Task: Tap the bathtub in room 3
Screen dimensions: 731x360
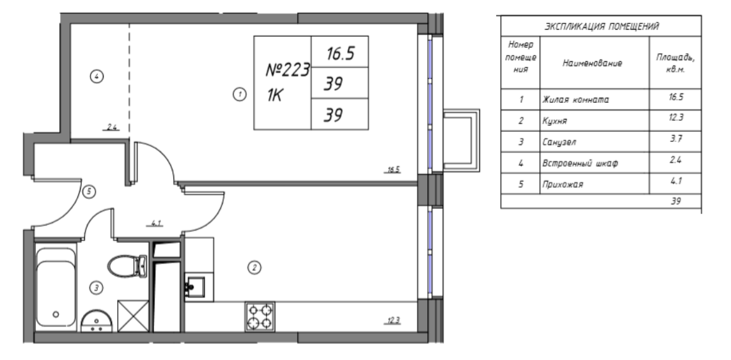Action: [x=56, y=288]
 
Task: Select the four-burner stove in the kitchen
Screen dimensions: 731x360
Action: [x=260, y=317]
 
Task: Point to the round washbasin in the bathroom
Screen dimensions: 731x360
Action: [x=97, y=322]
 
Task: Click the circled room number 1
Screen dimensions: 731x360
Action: [x=239, y=95]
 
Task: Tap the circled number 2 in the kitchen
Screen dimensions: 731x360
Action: [x=255, y=267]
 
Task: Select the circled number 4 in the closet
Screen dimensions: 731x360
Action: [x=97, y=76]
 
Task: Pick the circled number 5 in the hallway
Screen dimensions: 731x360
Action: [x=89, y=191]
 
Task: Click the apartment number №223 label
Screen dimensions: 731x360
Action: [x=288, y=71]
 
